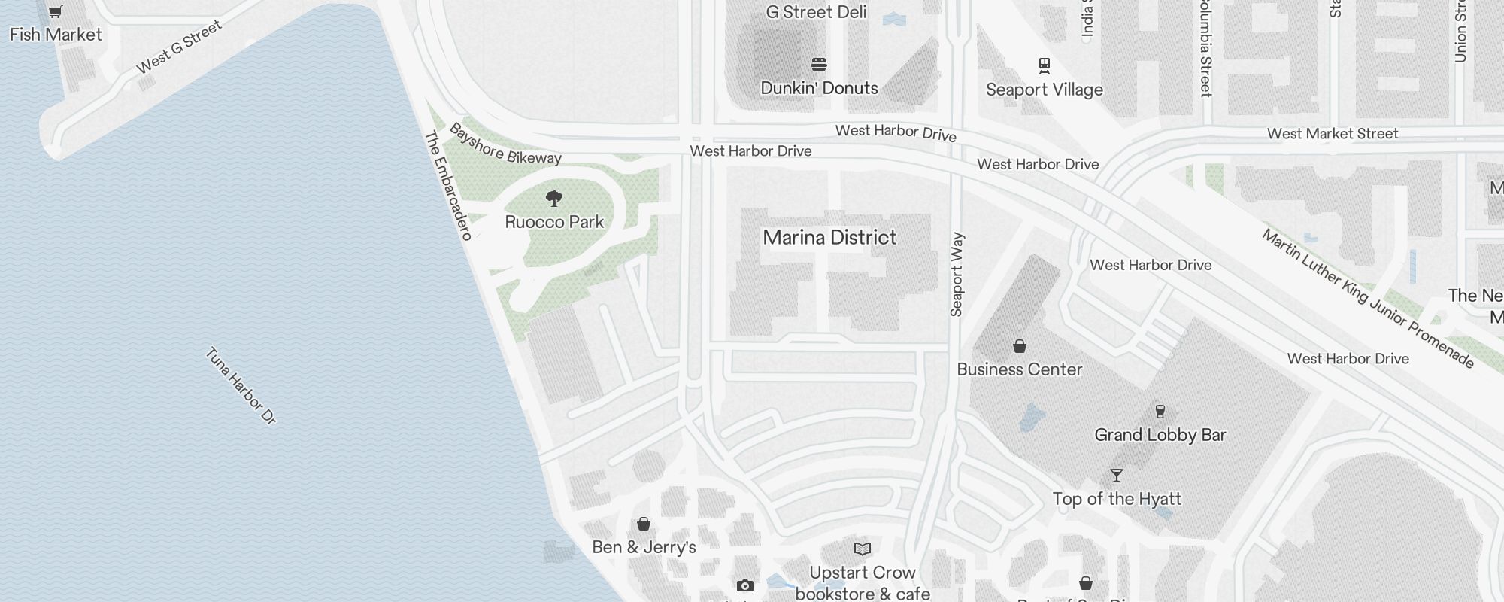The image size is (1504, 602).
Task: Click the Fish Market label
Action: [x=56, y=35]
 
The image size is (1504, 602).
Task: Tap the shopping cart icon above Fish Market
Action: [x=55, y=11]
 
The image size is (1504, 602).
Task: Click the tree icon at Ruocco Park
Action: [x=554, y=199]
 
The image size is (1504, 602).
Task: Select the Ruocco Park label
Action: [x=554, y=222]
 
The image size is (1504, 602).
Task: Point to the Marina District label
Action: [x=829, y=238]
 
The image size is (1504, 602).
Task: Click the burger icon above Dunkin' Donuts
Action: [x=819, y=65]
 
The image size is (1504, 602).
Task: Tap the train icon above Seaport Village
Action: [x=1044, y=66]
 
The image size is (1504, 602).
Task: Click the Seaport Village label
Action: [x=1044, y=90]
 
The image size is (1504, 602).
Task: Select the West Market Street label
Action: [x=1332, y=134]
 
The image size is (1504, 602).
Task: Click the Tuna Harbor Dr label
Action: [x=241, y=386]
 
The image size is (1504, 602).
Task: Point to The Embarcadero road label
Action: [x=448, y=186]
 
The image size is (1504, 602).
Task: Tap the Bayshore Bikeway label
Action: [x=505, y=144]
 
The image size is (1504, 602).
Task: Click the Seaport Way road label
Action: [x=957, y=275]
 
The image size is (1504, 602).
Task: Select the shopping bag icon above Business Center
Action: [x=1019, y=346]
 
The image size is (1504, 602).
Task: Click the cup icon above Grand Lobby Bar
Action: [x=1160, y=411]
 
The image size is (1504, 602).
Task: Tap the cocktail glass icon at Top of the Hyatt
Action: [x=1116, y=476]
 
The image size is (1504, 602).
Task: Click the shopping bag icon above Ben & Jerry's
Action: [x=644, y=524]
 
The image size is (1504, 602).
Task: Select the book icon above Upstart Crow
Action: [x=863, y=549]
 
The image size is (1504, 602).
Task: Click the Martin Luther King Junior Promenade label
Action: [x=1367, y=299]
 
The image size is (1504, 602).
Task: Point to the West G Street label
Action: [x=179, y=47]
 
